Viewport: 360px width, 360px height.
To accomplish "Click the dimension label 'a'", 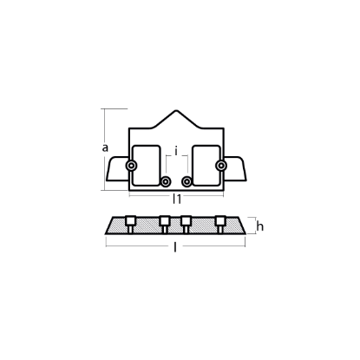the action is [105, 147].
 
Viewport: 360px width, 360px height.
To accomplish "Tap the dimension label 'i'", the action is [176, 150].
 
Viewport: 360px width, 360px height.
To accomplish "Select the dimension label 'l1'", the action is [177, 199].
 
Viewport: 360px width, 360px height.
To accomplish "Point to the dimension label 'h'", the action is [260, 226].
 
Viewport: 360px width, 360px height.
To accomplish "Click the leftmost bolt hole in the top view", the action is [131, 166].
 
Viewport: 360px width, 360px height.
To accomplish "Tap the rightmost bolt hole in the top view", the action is [221, 166].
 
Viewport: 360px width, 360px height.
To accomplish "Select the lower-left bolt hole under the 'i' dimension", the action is [166, 181].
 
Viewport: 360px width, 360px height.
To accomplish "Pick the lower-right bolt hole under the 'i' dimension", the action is [187, 181].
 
